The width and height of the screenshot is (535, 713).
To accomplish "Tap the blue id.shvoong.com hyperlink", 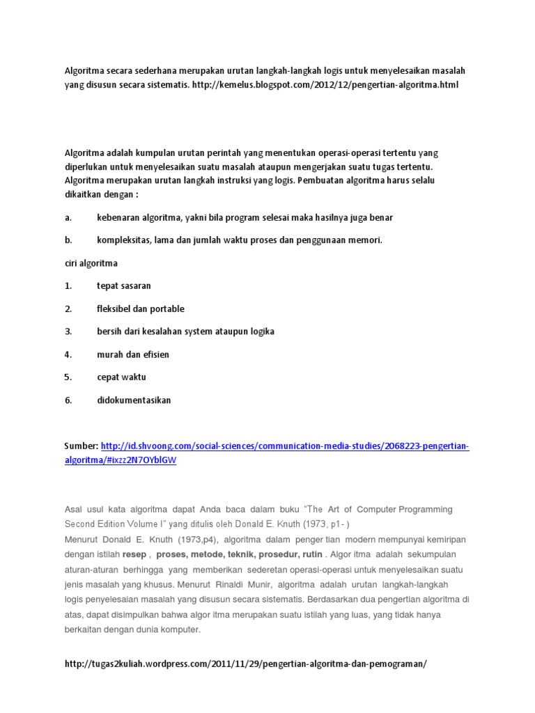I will point(285,446).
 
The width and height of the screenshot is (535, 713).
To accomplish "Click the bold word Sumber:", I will point(82,446).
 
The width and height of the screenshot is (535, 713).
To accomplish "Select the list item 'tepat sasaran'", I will point(124,286).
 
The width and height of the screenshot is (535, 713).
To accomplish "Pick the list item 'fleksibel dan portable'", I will point(141,309).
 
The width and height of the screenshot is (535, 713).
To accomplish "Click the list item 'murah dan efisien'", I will point(133,354).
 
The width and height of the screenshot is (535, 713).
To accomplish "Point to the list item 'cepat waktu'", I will point(122,377).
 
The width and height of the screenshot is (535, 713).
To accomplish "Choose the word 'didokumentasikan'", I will point(134,400).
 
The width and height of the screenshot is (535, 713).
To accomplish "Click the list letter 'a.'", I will point(69,218).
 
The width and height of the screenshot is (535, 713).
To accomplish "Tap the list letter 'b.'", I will point(69,241).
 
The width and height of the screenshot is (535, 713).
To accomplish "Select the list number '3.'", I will point(69,331).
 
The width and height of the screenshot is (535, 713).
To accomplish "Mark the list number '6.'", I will point(69,400).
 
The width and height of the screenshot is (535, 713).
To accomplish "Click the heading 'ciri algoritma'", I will point(91,263).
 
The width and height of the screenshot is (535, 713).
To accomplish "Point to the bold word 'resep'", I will point(134,555).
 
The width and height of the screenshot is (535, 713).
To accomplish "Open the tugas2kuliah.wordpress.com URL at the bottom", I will point(245,664).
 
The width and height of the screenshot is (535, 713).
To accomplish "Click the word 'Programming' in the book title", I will point(424,510).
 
